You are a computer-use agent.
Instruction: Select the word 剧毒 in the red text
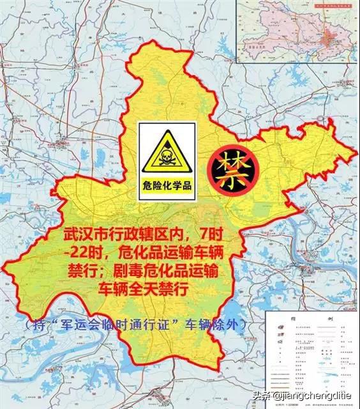coord(132,272)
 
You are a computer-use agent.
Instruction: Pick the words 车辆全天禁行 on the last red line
coord(143,290)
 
